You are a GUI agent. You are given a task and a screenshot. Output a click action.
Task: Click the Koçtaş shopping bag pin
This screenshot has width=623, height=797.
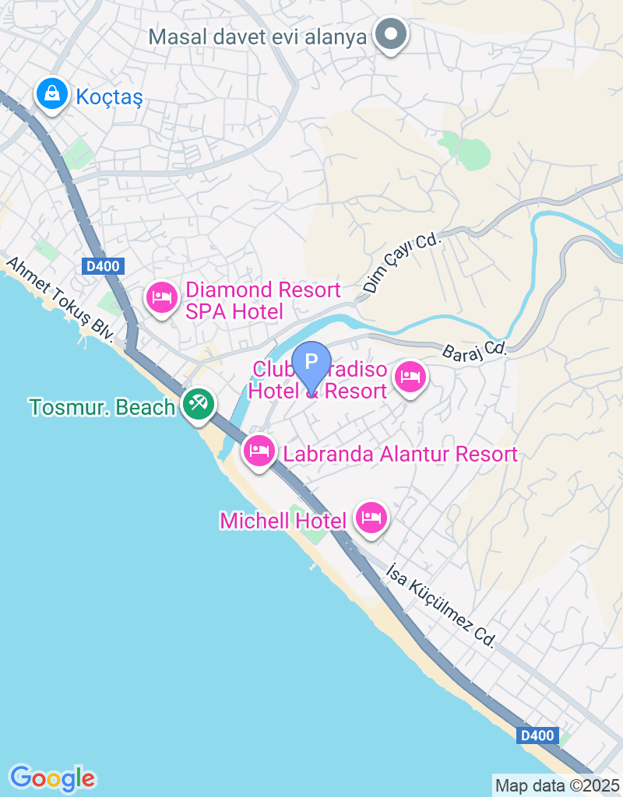click(x=51, y=94)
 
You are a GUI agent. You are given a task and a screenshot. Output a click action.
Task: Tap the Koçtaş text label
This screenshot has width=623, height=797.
click(x=109, y=97)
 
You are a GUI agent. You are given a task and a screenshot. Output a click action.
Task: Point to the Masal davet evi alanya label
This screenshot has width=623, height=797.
click(x=257, y=37)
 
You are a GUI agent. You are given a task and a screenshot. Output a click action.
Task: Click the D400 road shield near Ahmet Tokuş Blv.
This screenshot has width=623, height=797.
click(x=102, y=266)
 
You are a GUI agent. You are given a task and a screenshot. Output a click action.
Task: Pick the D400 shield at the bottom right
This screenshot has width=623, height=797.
click(x=537, y=735)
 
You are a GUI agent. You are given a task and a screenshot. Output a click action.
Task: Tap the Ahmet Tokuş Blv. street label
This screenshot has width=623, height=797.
click(x=61, y=300)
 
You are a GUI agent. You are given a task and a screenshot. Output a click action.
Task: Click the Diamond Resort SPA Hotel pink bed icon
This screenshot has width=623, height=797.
click(x=162, y=297)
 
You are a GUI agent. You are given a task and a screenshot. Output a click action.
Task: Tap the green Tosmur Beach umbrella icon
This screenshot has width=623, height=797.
click(x=199, y=404)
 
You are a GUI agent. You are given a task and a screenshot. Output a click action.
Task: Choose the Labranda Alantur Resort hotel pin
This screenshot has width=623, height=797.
click(x=259, y=450)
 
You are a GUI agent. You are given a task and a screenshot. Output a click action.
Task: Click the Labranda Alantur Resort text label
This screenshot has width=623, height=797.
click(x=400, y=454)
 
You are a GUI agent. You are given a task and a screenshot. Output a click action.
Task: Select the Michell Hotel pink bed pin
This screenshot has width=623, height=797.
click(x=371, y=517)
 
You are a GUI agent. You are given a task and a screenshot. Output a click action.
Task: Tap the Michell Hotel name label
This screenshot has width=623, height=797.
click(x=283, y=521)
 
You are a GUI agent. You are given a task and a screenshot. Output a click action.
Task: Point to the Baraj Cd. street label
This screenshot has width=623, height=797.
click(x=474, y=351)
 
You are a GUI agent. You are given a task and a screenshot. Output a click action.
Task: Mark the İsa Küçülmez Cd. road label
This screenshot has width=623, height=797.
click(x=441, y=606)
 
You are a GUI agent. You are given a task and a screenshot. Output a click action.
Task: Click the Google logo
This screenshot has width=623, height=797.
click(x=52, y=778)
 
